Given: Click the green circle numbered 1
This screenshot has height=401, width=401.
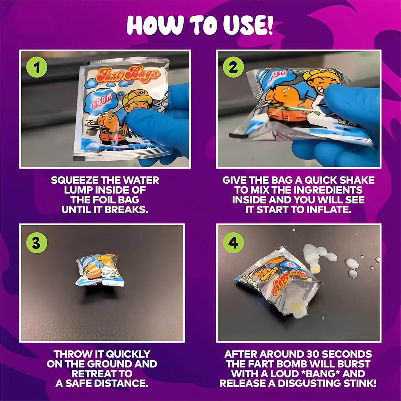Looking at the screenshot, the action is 37,67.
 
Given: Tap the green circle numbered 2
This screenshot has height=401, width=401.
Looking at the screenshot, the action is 233,67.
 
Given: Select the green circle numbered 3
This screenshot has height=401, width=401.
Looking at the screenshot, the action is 37,243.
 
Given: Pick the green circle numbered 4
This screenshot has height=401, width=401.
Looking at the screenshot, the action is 233,243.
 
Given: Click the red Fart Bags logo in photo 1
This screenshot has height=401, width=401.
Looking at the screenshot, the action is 128,74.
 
